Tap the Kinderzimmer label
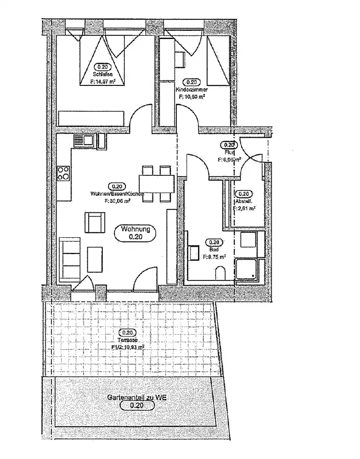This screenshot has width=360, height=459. tap(195, 90)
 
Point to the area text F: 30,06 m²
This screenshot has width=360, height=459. tap(117, 201)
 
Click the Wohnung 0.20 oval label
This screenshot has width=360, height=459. tap(135, 233)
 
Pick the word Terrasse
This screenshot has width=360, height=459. tap(127, 341)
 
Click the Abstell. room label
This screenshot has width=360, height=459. tap(243, 202)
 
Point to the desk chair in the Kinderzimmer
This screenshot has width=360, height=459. tap(180, 58)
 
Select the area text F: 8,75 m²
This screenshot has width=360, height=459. tap(214, 257)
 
